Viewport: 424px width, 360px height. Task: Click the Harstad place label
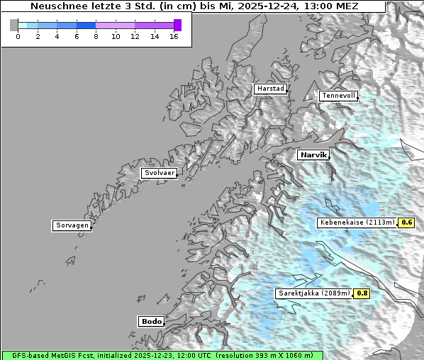(x=270, y=89)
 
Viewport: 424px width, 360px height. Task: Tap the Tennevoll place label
(x=337, y=96)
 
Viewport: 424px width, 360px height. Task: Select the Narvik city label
(x=313, y=154)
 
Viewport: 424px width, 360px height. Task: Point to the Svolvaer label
(x=159, y=173)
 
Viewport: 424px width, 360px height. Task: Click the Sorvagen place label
(x=72, y=225)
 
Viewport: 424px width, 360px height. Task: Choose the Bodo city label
(x=151, y=321)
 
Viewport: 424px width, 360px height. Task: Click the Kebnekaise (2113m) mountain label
(x=357, y=223)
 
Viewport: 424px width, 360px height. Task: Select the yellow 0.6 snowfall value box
(x=407, y=223)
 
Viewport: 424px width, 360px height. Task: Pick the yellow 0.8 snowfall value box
(x=362, y=293)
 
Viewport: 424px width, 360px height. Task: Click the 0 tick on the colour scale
(x=18, y=35)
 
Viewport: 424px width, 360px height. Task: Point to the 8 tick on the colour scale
(x=96, y=35)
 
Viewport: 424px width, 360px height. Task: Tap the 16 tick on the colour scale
(x=174, y=35)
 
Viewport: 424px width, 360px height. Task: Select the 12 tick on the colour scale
(x=135, y=35)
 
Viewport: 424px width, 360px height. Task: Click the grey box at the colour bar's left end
(x=14, y=25)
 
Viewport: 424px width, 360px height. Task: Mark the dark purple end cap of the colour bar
(x=177, y=25)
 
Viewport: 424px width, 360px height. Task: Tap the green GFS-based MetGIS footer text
(x=162, y=355)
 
